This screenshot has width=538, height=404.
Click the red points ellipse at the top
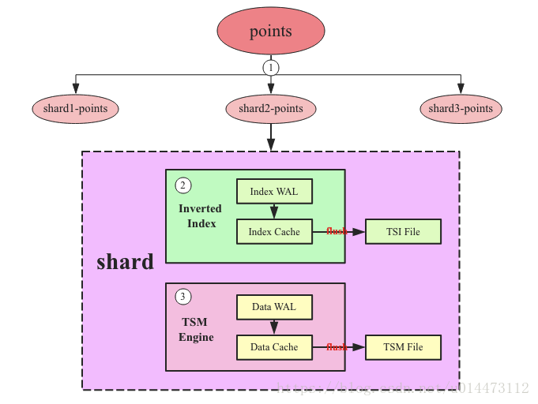point(270,32)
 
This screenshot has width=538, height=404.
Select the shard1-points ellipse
point(75,109)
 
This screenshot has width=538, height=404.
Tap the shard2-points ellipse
point(271,109)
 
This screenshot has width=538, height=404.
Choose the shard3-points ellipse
point(461,109)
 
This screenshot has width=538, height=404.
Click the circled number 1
point(271,68)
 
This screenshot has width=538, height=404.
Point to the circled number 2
point(183,185)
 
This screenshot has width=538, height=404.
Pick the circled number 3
point(183,297)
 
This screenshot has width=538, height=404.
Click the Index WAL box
point(274,192)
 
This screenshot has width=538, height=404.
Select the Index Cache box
point(274,232)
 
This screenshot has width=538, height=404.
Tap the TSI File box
point(402,232)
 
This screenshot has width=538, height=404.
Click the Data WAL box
point(274,306)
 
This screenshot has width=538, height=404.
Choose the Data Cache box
point(274,347)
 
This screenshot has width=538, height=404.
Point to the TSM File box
point(403,347)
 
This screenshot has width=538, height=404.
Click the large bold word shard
point(125,262)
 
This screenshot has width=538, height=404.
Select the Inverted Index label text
point(201,215)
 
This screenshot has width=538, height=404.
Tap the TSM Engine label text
point(196,330)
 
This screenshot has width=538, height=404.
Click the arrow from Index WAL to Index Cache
point(274,211)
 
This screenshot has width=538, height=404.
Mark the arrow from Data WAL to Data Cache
point(274,327)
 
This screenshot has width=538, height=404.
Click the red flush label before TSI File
point(337,232)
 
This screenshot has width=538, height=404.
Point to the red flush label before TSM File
point(337,347)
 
